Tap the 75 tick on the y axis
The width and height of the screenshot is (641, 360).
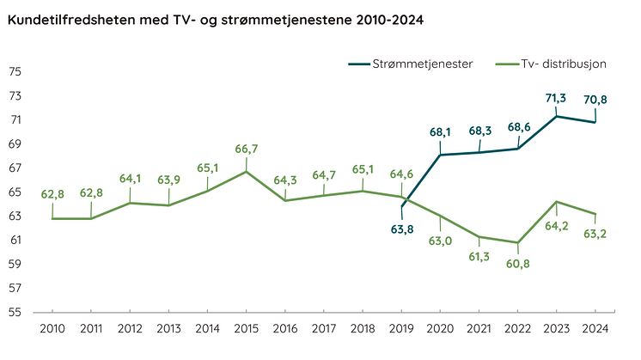tap(15, 71)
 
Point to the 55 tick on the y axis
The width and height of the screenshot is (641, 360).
tap(15, 312)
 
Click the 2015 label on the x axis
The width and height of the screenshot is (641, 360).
tap(247, 328)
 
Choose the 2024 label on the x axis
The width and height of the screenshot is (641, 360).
tap(595, 328)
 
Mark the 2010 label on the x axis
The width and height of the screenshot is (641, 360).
tap(53, 328)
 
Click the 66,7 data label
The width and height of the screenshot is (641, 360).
tap(247, 149)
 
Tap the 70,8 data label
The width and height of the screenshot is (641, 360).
tap(595, 100)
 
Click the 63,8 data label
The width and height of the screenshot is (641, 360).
tap(403, 229)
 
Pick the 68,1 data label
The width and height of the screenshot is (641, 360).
tap(441, 132)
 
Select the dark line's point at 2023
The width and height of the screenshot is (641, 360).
tap(557, 116)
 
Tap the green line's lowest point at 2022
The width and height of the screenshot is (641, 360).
tap(518, 242)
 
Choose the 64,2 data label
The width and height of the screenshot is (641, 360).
tap(557, 227)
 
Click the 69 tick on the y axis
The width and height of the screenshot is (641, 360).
tap(15, 143)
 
